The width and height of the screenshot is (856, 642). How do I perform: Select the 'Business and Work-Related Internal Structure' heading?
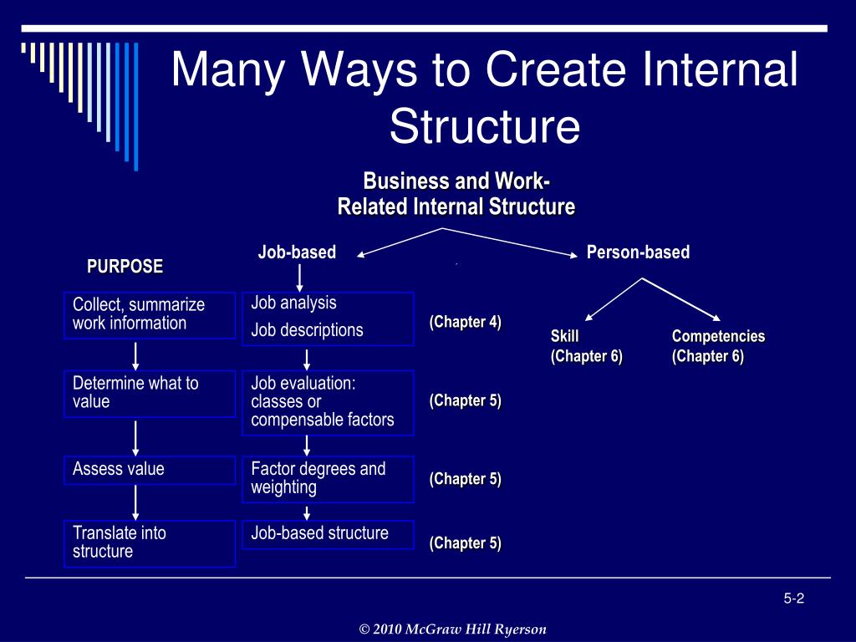point(456,194)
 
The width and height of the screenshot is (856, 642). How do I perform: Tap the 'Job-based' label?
point(297,252)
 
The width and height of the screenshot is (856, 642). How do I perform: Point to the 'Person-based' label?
point(638,252)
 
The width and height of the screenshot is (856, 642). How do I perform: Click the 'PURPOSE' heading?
point(125,267)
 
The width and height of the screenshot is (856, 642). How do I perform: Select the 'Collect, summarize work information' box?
point(149,315)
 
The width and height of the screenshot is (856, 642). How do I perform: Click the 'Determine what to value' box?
point(149,393)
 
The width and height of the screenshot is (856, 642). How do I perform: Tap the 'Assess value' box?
point(149,470)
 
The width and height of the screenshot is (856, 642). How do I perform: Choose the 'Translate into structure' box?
point(149,543)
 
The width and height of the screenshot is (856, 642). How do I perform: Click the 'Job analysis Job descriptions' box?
point(328,318)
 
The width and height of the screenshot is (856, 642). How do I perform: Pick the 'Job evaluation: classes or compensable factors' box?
point(328,402)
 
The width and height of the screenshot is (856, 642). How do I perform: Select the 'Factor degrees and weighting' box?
point(328,479)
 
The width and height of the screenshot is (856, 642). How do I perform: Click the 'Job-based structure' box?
point(328,534)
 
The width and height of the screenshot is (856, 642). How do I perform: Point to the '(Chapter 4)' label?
point(466,323)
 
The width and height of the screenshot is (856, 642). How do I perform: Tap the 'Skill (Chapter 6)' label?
point(586,346)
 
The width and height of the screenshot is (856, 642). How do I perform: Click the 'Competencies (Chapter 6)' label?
point(718,346)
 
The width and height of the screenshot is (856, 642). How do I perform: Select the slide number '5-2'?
point(793,598)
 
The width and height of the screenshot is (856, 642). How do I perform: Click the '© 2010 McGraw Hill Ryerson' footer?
point(452,629)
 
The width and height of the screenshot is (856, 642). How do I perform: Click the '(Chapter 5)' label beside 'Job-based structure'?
point(466,543)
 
